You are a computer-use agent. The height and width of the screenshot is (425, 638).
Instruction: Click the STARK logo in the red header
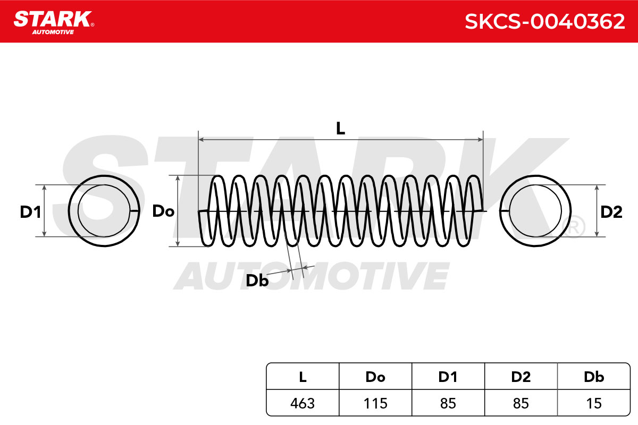[x=54, y=23]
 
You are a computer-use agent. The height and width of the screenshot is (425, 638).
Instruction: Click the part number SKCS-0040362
[x=544, y=22]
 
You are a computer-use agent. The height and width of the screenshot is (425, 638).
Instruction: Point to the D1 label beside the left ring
[x=30, y=212]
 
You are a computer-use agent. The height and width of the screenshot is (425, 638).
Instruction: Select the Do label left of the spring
[x=163, y=211]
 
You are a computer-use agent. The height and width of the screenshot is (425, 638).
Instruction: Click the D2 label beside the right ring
[x=611, y=212]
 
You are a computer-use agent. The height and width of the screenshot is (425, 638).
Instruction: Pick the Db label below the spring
[x=257, y=280]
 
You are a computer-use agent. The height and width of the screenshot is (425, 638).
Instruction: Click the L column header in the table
[x=303, y=377]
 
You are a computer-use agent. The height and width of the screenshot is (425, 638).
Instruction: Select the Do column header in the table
[x=375, y=377]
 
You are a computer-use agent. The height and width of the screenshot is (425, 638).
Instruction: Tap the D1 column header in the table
[x=448, y=377]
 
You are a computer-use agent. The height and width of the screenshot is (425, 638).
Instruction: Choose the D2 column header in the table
[x=521, y=377]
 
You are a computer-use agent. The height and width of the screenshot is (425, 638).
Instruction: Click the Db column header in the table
[x=594, y=377]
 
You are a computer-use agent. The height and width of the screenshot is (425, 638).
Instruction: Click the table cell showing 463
[x=303, y=403]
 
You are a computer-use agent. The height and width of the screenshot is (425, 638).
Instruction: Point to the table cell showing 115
[x=375, y=403]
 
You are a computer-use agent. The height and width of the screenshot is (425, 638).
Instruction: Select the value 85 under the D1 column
[x=448, y=403]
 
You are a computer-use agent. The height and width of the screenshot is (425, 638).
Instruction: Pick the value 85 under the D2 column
[x=521, y=403]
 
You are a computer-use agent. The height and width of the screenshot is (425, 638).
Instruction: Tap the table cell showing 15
[x=594, y=403]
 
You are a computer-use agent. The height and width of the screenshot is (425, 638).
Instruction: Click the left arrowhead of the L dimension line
[x=201, y=140]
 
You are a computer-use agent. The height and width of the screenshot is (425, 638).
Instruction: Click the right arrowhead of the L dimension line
[x=480, y=140]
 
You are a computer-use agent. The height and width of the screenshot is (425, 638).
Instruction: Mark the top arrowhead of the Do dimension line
[x=178, y=178]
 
